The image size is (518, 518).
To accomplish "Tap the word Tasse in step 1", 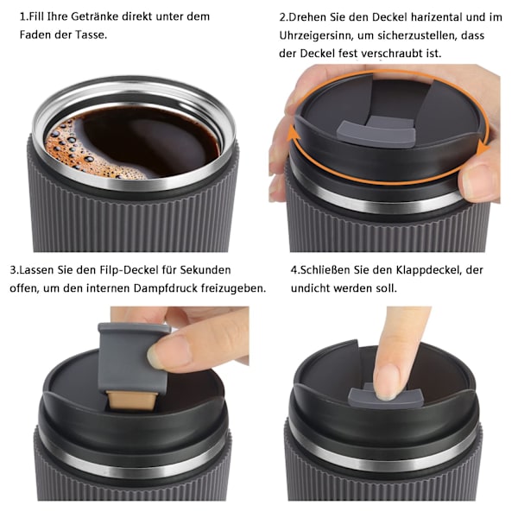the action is click(89, 35).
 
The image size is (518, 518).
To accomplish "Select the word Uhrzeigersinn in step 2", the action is click(317, 35).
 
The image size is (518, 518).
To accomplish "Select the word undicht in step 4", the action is click(311, 288).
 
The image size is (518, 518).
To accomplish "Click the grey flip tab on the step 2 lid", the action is click(376, 132).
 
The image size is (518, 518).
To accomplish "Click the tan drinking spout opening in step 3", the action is click(131, 401).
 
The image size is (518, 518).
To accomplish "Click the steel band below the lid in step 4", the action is click(383, 459).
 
